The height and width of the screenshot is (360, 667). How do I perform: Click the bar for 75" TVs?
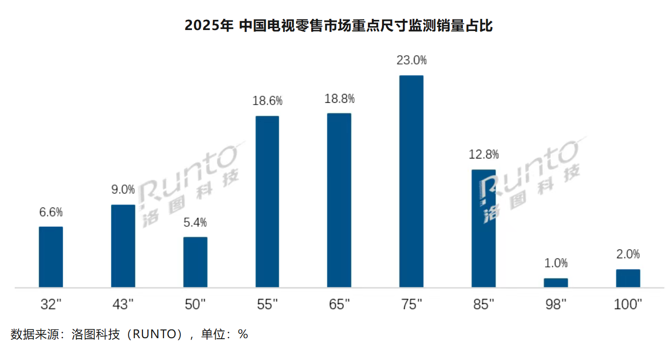(x=411, y=181)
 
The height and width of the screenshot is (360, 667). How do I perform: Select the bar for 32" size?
(x=51, y=257)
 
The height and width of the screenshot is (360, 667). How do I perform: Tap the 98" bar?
(x=556, y=282)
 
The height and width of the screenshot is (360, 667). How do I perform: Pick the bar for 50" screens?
(x=195, y=262)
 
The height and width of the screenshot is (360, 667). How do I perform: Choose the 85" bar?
(x=483, y=228)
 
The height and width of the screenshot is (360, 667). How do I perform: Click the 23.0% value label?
(x=411, y=61)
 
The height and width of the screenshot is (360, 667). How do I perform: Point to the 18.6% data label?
(x=267, y=101)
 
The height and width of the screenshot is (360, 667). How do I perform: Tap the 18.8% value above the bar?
(x=339, y=99)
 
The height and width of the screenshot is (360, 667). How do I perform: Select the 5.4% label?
(x=195, y=222)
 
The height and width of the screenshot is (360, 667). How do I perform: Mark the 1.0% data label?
(x=556, y=263)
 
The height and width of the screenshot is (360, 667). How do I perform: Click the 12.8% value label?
(x=483, y=155)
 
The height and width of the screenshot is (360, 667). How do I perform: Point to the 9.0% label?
(x=123, y=189)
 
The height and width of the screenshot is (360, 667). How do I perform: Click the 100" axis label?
(x=627, y=304)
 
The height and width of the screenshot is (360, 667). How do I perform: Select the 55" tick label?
(x=267, y=304)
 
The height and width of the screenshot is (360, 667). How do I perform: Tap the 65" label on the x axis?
(x=339, y=304)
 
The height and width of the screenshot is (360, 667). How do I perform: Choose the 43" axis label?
(x=123, y=304)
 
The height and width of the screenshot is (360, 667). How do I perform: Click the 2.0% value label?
(x=628, y=254)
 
